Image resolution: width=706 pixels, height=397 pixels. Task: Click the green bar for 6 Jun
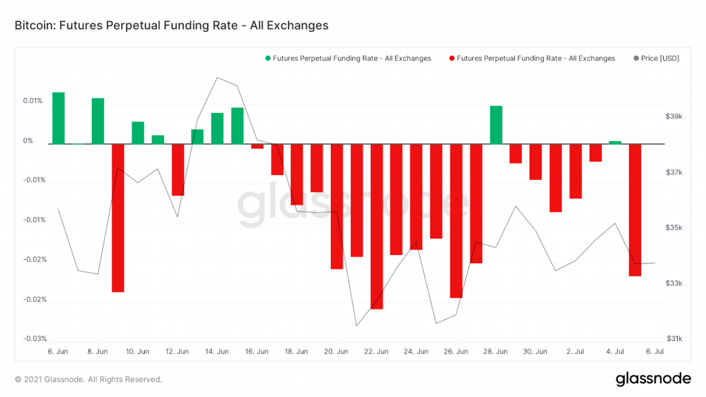coord(59,118)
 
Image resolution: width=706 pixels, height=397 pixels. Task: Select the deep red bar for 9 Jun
coord(118,218)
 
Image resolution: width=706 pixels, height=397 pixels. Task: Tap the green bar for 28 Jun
coord(496,125)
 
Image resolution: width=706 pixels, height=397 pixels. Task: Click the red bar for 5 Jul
coord(635,210)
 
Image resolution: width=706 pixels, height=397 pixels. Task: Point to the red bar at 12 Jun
coord(178,170)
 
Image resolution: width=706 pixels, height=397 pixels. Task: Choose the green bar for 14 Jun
coord(217,128)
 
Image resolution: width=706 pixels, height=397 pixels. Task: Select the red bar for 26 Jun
coord(456,221)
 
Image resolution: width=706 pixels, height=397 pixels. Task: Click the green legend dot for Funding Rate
coord(268,59)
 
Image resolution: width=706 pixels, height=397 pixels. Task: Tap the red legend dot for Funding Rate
coord(452,59)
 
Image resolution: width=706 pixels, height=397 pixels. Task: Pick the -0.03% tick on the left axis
coord(32,338)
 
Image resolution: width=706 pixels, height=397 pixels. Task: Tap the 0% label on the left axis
coord(28,141)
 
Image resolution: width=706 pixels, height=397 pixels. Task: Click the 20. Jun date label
coord(336,352)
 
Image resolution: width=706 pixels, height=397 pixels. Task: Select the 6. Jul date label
coord(654,352)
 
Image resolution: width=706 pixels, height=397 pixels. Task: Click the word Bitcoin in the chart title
coord(33,26)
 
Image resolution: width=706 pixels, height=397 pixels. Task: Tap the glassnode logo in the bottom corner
coord(652,378)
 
